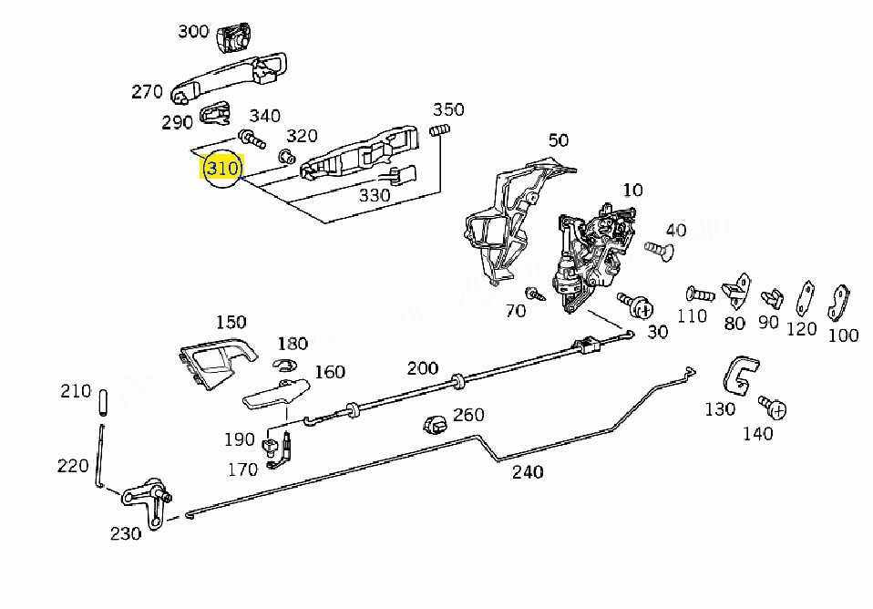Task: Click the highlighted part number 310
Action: click(222, 168)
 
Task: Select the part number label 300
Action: click(193, 31)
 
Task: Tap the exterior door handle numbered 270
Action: click(228, 78)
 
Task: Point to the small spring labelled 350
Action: click(439, 131)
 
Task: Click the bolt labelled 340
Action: click(252, 139)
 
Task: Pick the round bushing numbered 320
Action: click(287, 156)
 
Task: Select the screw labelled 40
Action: click(659, 250)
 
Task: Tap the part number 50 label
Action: click(559, 139)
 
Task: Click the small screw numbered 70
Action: click(535, 293)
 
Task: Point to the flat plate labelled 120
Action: click(806, 299)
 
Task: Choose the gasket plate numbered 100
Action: click(838, 304)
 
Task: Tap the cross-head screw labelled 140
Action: click(773, 408)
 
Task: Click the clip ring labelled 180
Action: click(284, 365)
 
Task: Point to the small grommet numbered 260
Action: click(435, 425)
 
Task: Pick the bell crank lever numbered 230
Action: click(147, 500)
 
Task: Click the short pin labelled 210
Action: click(103, 402)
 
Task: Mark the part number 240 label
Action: click(528, 472)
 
